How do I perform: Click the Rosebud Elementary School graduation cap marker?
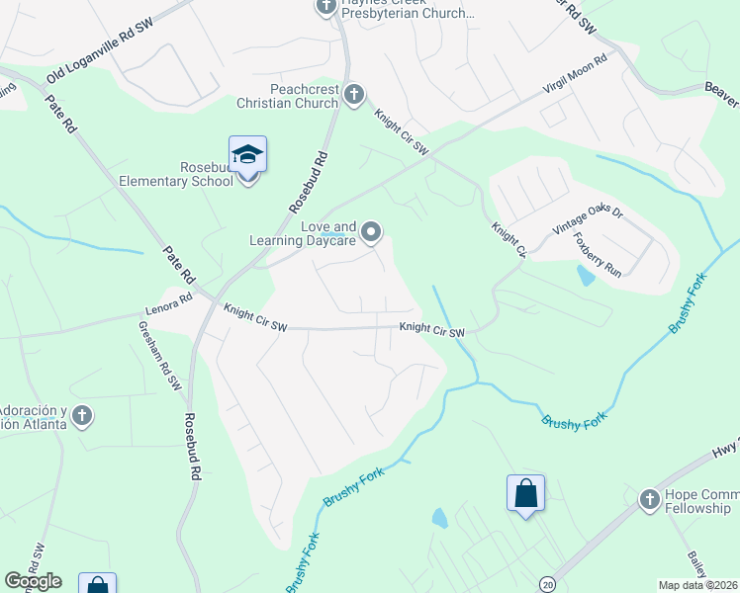coord(247,154)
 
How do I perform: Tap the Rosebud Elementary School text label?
coord(193,174)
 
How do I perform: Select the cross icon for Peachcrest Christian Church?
coord(354,95)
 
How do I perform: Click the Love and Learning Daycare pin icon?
coord(372,232)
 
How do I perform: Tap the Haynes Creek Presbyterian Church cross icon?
coord(325,6)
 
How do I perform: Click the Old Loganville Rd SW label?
coord(100,60)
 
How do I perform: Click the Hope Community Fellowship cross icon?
coord(650,499)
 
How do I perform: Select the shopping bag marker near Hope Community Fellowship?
coord(526,492)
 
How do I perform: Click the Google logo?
coord(33,581)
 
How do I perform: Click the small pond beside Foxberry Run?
coord(586,275)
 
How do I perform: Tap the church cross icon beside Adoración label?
coord(83,416)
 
